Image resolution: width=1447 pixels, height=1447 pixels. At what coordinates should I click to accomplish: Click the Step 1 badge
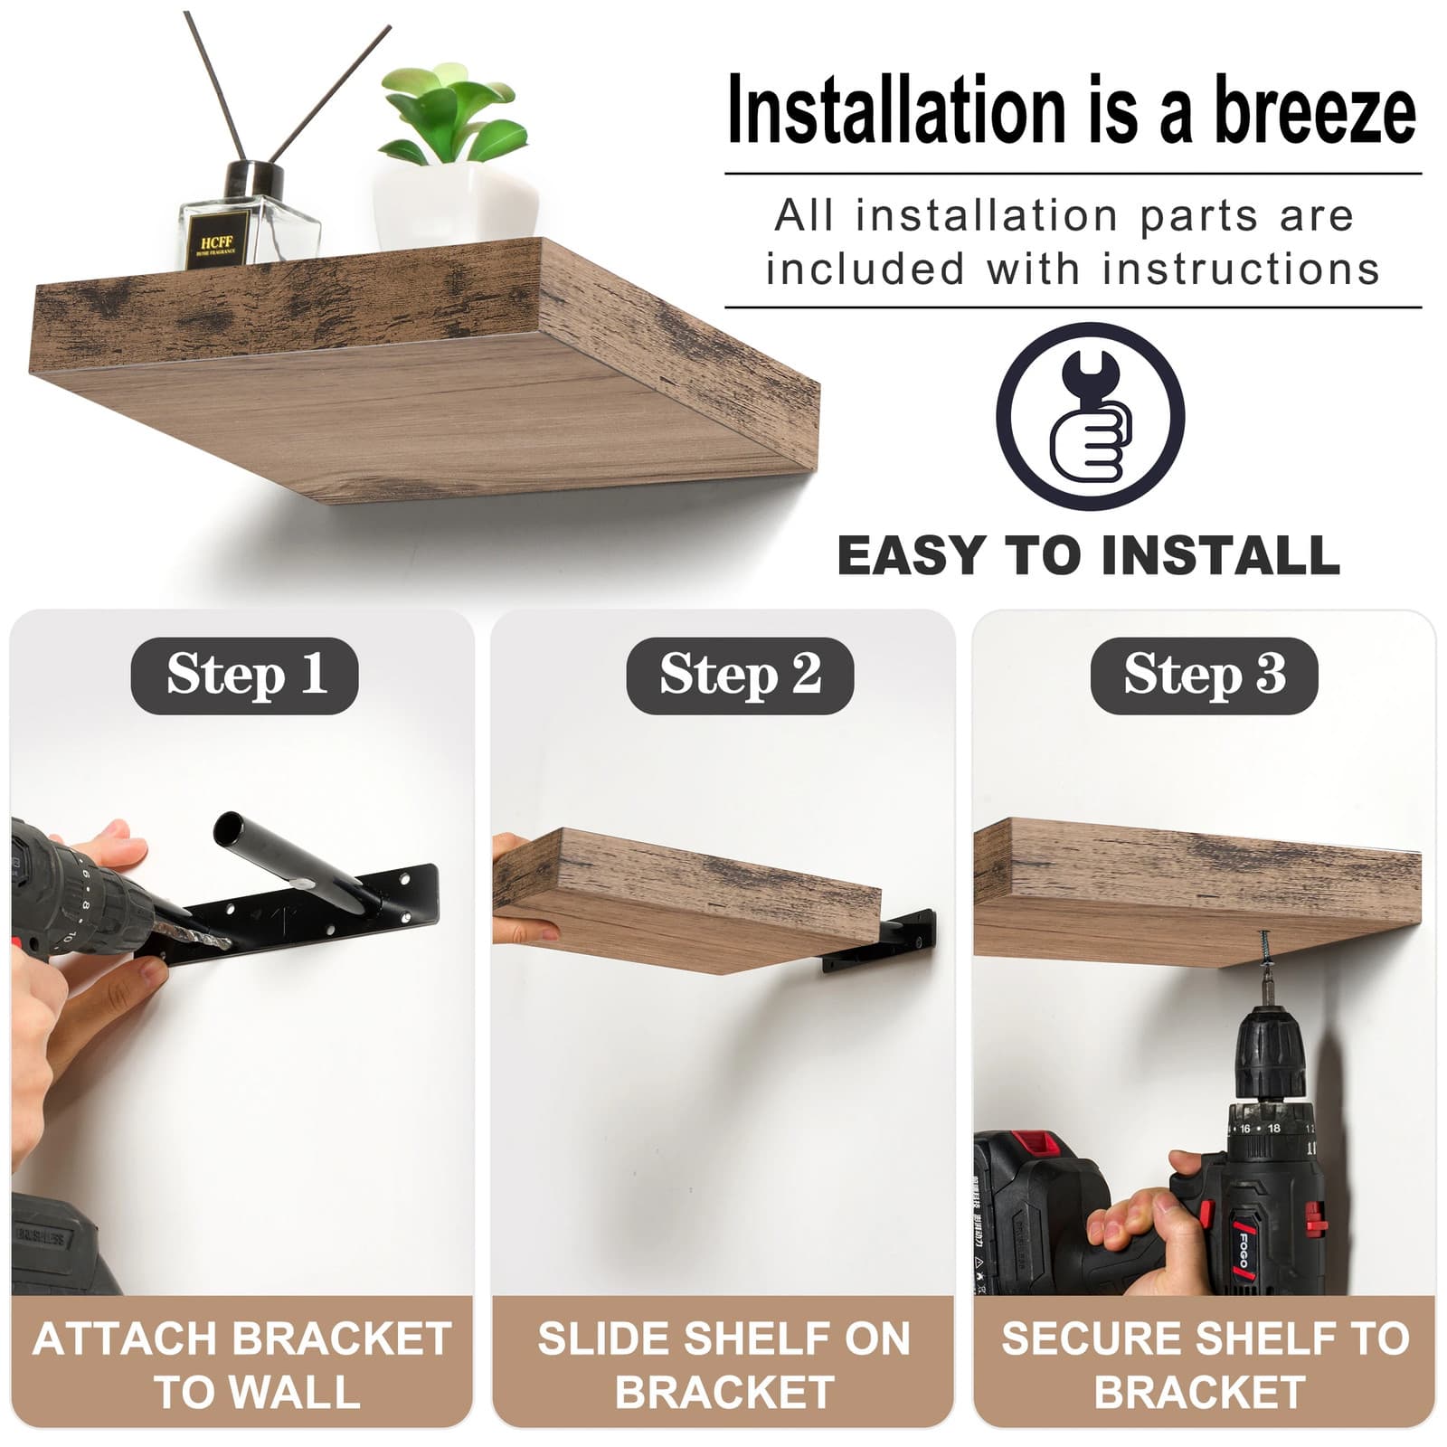click(244, 676)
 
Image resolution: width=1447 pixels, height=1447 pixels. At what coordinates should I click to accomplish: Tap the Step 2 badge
click(740, 676)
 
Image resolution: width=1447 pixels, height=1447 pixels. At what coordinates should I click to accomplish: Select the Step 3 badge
click(1204, 676)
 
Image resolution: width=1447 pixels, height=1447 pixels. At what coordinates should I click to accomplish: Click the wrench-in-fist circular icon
click(1090, 417)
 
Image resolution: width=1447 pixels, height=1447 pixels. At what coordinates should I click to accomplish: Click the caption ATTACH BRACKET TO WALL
click(241, 1365)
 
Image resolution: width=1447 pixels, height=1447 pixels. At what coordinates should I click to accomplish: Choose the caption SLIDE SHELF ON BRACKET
click(723, 1365)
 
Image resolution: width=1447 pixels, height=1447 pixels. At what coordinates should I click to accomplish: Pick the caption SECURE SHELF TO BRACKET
click(1204, 1365)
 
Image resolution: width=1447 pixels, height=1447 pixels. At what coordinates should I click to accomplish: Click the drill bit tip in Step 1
click(226, 943)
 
